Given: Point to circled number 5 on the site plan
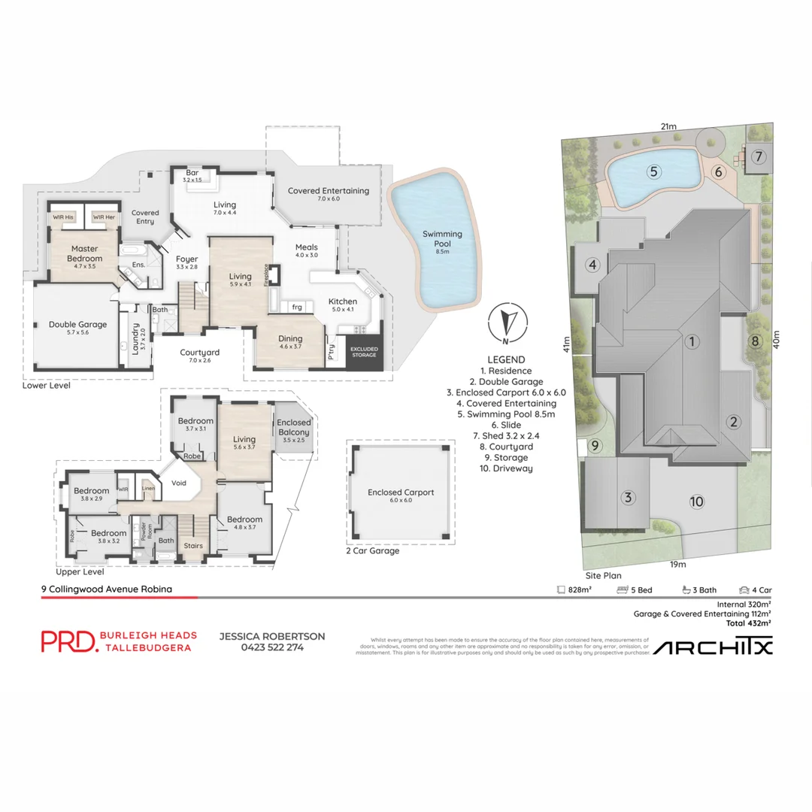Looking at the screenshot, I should pyautogui.click(x=654, y=171).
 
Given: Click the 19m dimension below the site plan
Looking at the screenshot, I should pyautogui.click(x=680, y=564).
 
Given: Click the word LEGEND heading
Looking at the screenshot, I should pyautogui.click(x=506, y=359).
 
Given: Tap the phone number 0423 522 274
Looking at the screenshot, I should pyautogui.click(x=271, y=647).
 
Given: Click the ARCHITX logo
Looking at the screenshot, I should pyautogui.click(x=712, y=647).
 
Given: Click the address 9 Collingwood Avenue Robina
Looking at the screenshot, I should pyautogui.click(x=106, y=589).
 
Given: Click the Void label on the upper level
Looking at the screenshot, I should pyautogui.click(x=179, y=483).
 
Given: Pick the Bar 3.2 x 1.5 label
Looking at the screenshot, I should pyautogui.click(x=192, y=176).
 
